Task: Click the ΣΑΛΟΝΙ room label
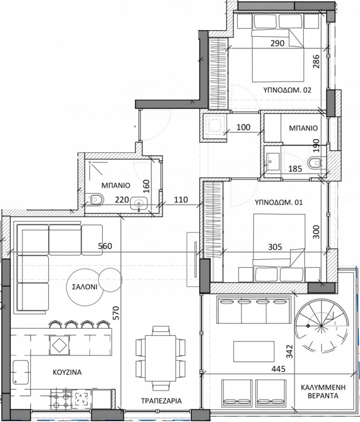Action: [85, 287]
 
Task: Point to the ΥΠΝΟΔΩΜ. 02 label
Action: [287, 90]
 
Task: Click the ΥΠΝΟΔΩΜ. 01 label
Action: [279, 202]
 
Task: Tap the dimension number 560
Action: [105, 246]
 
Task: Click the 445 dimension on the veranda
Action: [279, 357]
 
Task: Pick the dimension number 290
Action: [277, 43]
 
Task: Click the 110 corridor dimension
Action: [181, 200]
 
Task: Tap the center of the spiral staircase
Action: [321, 326]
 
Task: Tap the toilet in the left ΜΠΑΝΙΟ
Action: [97, 199]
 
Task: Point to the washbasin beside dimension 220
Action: [139, 203]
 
